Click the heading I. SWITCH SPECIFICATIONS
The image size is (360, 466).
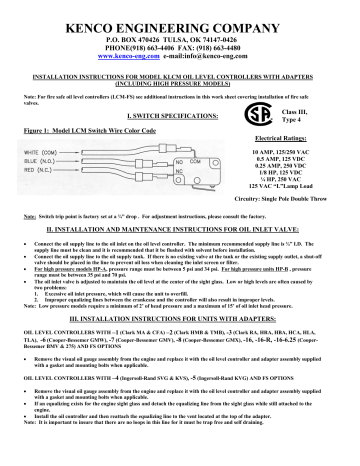[x=180, y=116]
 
